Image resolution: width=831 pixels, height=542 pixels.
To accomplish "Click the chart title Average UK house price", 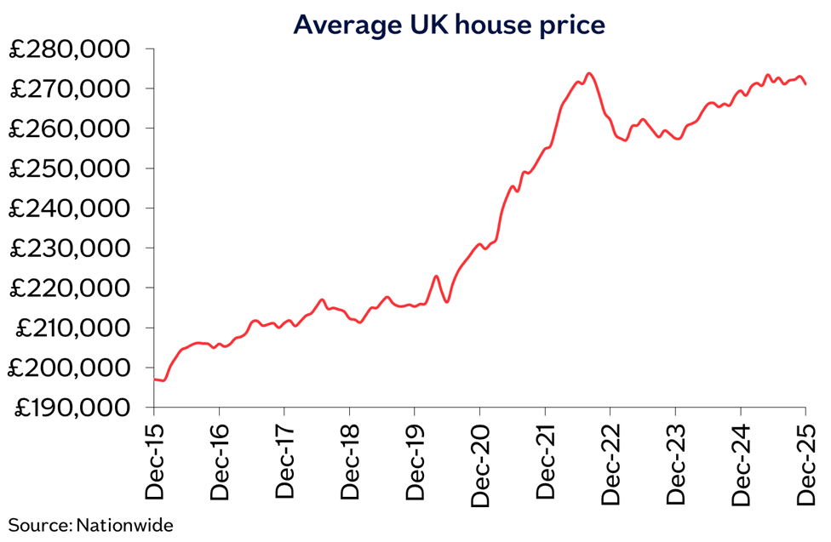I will (x=449, y=25).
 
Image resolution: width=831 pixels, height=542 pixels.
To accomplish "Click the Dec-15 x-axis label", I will (x=155, y=463).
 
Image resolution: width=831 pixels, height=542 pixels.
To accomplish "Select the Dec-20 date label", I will (x=480, y=463).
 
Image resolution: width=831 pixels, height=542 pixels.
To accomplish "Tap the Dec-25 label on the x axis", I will (x=805, y=463).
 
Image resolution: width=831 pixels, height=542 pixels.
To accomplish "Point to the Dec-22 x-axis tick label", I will (x=610, y=463).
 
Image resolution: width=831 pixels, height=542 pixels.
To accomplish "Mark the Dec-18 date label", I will (x=350, y=463).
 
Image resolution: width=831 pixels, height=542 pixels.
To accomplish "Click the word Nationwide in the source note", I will (x=124, y=525).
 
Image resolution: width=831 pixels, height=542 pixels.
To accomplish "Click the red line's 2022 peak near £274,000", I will (x=589, y=73).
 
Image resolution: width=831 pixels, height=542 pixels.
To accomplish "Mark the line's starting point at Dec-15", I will (x=155, y=379).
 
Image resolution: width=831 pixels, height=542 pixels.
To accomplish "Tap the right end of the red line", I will (x=805, y=84).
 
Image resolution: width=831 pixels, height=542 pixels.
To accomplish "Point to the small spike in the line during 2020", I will (x=436, y=276).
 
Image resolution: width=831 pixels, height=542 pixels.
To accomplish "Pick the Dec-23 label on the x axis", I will (x=675, y=463).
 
